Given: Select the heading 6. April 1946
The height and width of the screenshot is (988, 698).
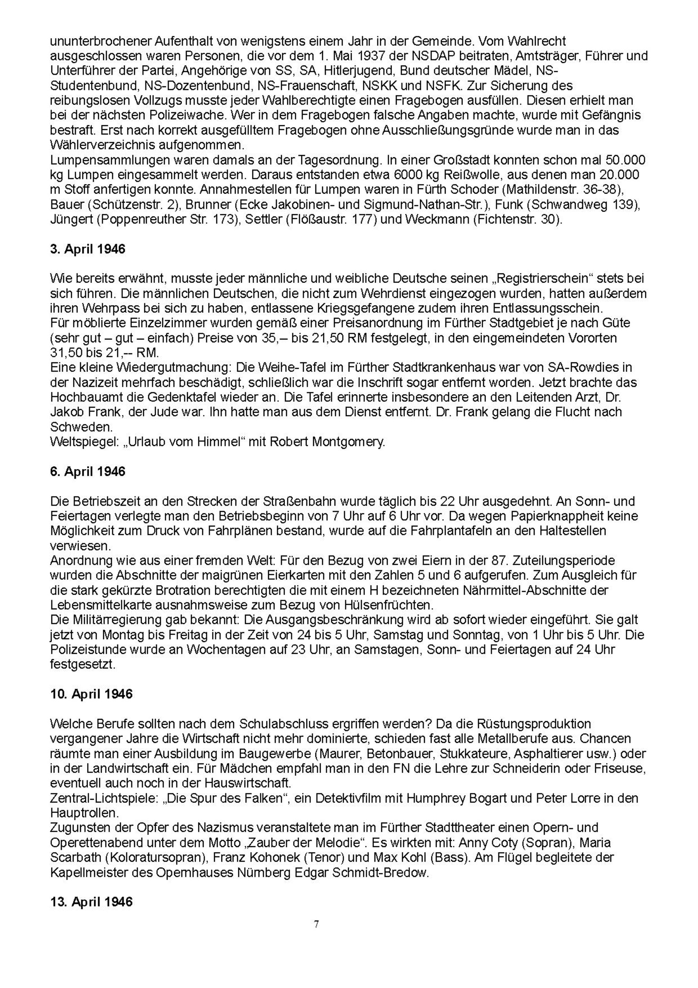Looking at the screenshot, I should [x=88, y=471].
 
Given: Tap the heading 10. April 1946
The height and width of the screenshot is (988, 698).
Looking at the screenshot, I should [x=91, y=694].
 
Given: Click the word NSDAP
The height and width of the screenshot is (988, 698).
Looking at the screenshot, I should [x=429, y=56].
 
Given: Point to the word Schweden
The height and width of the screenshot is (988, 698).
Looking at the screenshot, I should [x=81, y=427].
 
